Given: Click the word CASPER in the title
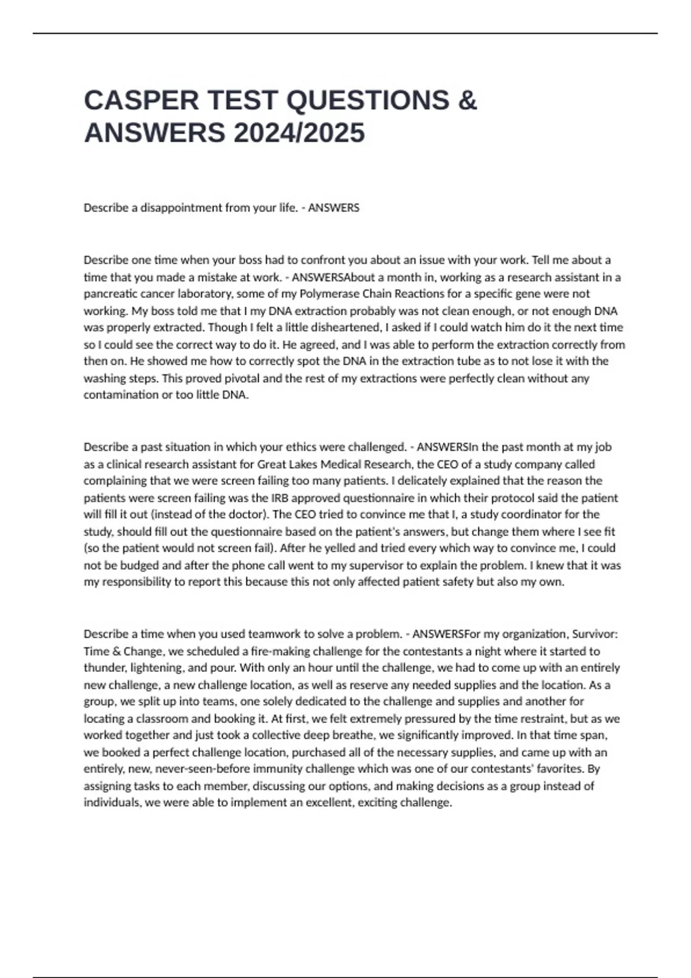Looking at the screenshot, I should tap(141, 101).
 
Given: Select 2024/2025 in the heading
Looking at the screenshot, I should tap(299, 133).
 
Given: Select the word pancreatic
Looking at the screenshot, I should tap(109, 294).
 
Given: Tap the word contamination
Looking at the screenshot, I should tap(120, 395).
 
